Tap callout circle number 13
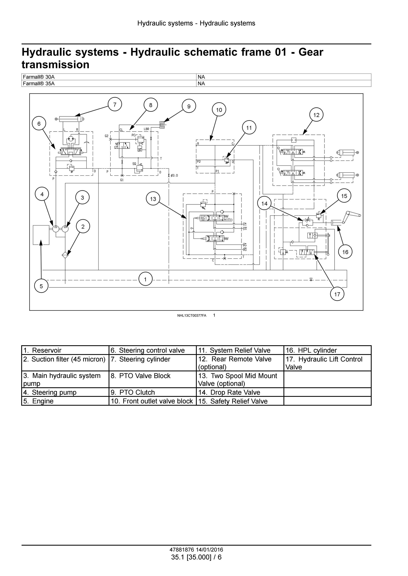point(153,199)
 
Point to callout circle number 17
point(337,294)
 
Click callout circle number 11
point(249,128)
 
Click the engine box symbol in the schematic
point(41,235)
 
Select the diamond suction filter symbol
point(65,255)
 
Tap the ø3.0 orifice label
point(174,175)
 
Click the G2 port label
point(107,136)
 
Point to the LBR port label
point(146,129)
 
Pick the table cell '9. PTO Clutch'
point(153,392)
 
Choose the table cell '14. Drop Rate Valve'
point(240,392)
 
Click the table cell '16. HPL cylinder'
point(327,350)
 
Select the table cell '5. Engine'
point(65,401)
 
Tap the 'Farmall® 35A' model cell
point(109,84)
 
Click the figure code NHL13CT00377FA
point(192,316)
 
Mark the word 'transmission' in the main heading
point(56,65)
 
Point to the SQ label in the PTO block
point(134,164)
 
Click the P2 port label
point(199,162)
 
